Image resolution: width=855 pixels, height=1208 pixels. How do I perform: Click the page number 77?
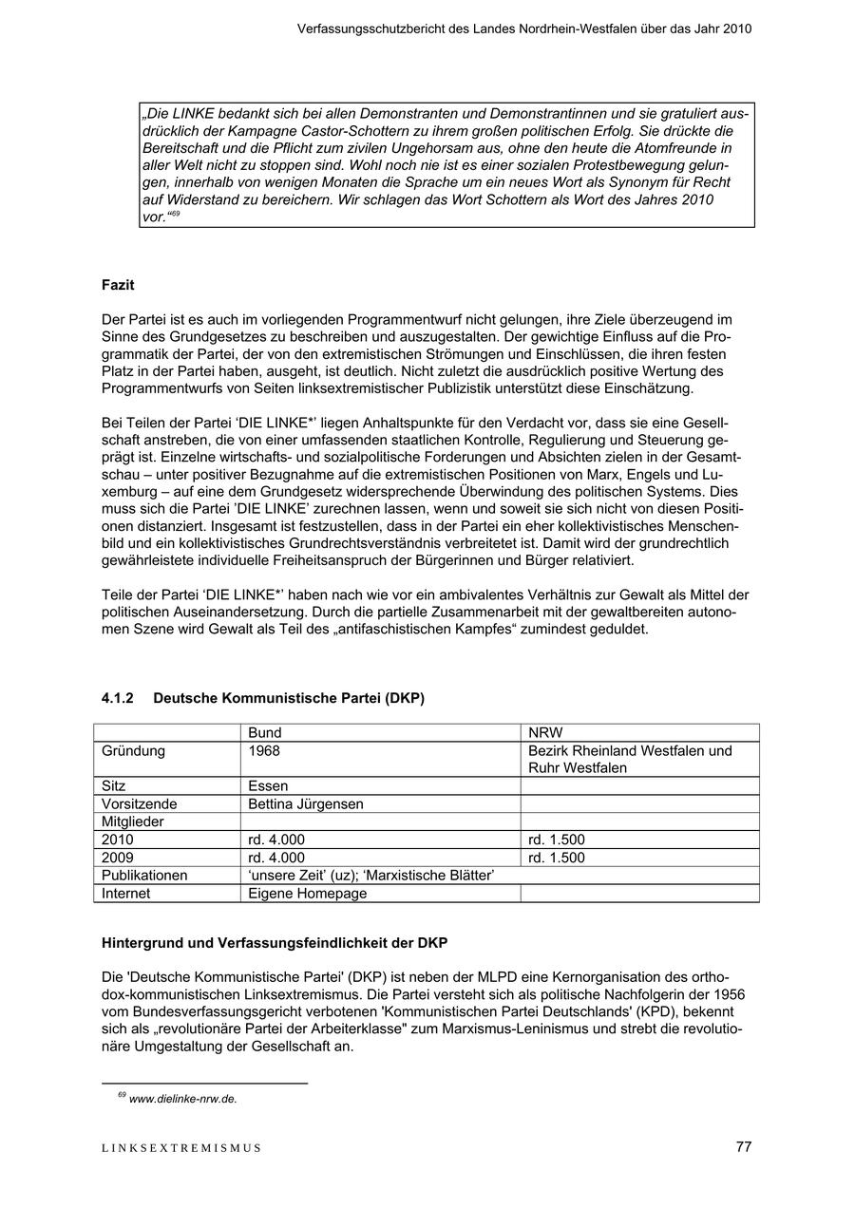coord(743,1146)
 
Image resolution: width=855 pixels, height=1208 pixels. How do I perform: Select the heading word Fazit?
coord(118,284)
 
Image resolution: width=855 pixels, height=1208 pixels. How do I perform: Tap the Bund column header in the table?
coord(264,733)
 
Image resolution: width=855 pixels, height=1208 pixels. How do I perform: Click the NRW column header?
coord(545,733)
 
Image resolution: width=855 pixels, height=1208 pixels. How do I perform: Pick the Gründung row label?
coord(133,751)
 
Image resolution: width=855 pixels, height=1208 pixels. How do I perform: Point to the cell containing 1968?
coord(264,751)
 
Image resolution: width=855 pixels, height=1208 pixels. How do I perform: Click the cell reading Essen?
coord(268,786)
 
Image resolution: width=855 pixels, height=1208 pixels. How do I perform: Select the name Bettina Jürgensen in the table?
coord(305,804)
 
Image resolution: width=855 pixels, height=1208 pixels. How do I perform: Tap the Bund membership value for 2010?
coord(275,840)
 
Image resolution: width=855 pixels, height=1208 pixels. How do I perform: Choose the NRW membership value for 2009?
coord(557,858)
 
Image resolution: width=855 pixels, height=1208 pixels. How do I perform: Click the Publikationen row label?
coord(144,876)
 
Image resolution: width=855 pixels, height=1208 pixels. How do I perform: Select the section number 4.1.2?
coord(118,698)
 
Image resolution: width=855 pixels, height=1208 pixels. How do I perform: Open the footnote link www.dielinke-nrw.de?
coord(182,1099)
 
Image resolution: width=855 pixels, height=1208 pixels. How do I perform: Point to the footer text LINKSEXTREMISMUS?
coord(180,1148)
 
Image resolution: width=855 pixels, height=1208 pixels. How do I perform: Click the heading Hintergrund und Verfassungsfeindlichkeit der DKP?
coord(275,943)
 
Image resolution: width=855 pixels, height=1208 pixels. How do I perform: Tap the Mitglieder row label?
coord(133,821)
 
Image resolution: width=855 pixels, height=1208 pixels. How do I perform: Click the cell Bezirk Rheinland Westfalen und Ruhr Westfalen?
coord(630,760)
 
